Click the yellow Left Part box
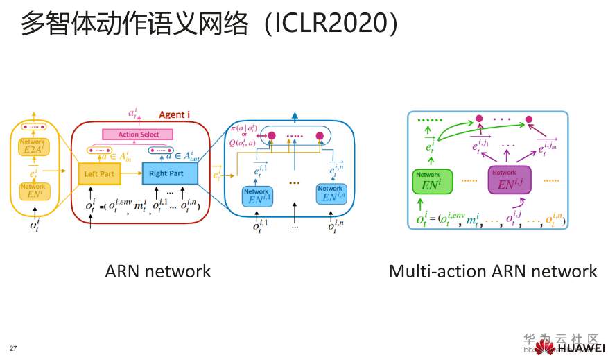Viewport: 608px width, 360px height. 99,173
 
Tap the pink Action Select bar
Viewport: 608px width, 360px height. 139,134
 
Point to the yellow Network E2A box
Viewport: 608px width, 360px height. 33,148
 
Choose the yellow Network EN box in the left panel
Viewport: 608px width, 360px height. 33,191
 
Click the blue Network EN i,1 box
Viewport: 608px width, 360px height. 256,195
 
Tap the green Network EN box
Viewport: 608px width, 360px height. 431,182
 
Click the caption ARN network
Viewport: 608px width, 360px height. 157,271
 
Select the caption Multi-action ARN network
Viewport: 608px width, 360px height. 492,271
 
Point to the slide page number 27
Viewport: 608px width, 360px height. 12,347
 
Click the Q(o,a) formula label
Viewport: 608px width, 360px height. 244,142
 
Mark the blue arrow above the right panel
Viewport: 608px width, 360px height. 296,117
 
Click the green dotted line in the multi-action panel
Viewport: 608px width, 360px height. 430,120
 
